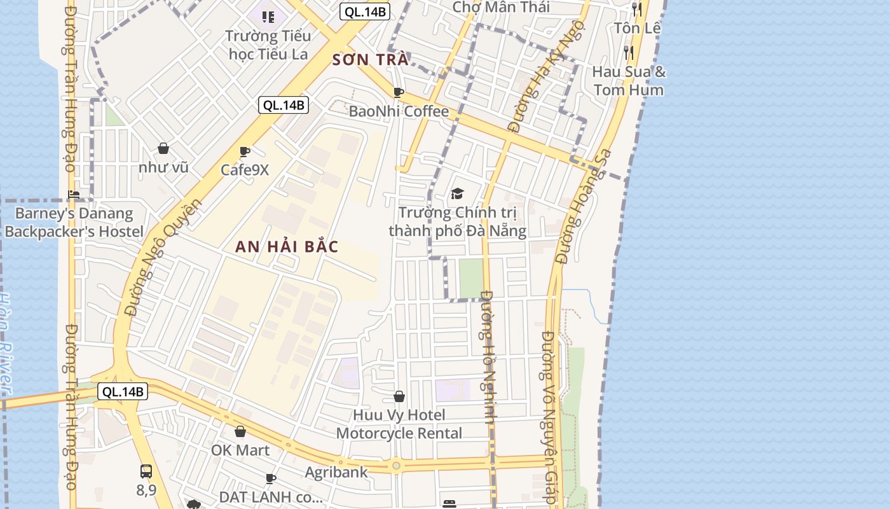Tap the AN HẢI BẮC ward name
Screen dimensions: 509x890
[287, 247]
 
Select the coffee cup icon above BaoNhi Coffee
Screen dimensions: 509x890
[399, 93]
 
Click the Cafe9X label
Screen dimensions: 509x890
[245, 170]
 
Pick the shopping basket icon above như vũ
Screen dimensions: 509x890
[163, 149]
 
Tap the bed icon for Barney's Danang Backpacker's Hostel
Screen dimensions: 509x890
[74, 195]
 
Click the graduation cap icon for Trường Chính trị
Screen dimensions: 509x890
[457, 193]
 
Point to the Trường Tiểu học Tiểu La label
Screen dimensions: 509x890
[268, 45]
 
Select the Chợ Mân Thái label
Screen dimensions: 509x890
[501, 8]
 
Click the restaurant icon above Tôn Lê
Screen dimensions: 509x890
[637, 10]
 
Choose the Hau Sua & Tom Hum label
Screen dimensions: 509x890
[629, 81]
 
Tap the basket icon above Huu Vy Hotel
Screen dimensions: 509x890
[399, 397]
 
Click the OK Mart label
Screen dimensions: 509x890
[240, 450]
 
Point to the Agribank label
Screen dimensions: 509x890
[336, 472]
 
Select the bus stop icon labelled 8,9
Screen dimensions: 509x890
[146, 471]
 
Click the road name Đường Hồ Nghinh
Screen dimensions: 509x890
[488, 356]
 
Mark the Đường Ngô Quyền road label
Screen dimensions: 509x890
[163, 257]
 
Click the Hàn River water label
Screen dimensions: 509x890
[6, 344]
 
